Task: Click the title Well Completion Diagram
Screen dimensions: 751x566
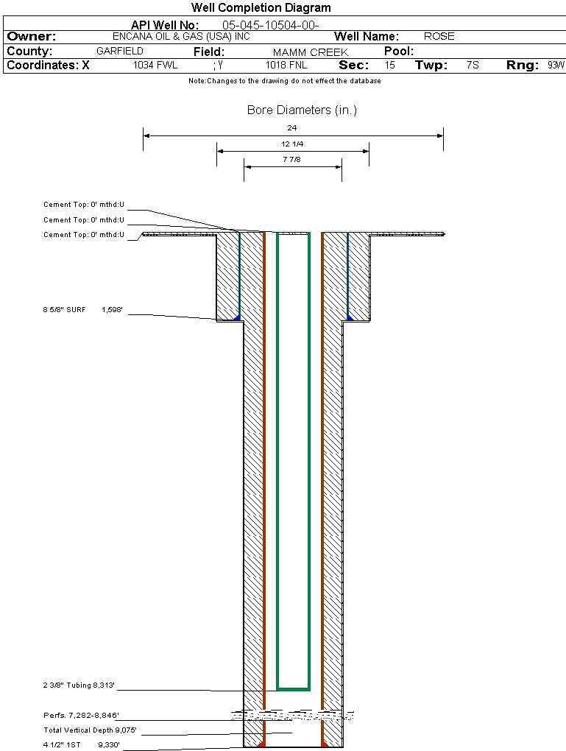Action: point(261,8)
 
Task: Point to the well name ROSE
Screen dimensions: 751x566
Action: point(439,36)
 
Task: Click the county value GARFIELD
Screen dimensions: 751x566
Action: point(120,52)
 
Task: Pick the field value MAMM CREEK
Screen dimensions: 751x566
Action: point(310,52)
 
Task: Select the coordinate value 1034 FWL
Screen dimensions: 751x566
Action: point(155,66)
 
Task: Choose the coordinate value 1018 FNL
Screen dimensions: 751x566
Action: point(284,66)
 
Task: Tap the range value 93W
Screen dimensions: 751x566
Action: point(556,66)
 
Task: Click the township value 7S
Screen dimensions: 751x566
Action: point(473,66)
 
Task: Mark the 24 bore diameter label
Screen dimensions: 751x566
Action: point(293,128)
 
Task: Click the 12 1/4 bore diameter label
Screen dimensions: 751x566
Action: point(292,144)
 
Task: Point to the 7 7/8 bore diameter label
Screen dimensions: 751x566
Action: point(292,159)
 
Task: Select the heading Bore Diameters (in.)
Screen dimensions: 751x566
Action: point(302,110)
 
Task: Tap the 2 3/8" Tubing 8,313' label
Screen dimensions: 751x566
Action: point(79,685)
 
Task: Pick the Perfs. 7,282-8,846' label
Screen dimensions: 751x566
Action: point(81,715)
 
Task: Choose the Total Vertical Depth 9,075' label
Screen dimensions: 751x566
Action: point(91,730)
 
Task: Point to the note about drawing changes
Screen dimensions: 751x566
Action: point(284,81)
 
